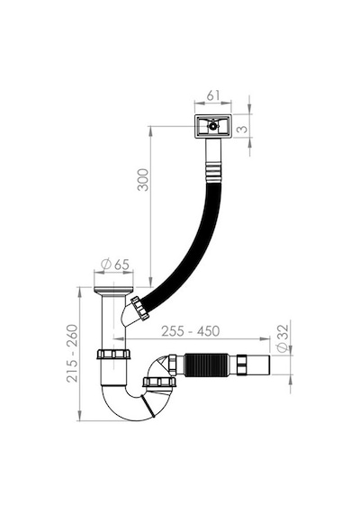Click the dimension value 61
point(213,95)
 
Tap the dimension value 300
point(143,180)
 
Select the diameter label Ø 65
point(115,265)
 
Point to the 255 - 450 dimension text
point(191,331)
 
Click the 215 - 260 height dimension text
point(72,353)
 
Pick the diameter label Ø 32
point(283,337)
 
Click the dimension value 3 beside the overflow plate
point(242,129)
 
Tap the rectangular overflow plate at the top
point(213,126)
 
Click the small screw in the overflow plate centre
point(213,126)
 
